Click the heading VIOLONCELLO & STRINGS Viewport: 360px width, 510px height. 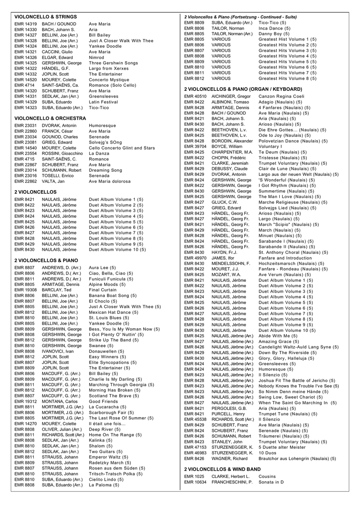(x=46, y=17)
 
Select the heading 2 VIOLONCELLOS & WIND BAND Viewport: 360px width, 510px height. (x=222, y=469)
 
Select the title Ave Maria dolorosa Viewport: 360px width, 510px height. (x=110, y=181)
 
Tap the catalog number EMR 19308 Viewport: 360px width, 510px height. (x=26, y=290)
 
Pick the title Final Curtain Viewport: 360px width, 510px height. (x=103, y=290)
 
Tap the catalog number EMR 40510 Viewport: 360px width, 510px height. (x=195, y=96)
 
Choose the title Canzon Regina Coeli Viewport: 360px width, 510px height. (x=281, y=96)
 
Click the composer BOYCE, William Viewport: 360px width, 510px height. (x=227, y=147)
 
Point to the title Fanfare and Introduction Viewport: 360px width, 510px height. (x=285, y=258)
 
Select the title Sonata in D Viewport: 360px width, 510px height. (x=271, y=482)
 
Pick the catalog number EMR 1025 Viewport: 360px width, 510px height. (x=194, y=477)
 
